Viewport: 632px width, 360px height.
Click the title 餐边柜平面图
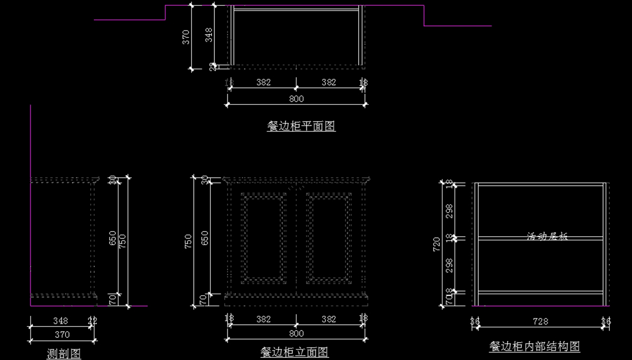tap(301, 126)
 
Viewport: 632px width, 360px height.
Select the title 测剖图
tap(64, 354)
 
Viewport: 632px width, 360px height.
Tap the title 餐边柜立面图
tap(294, 352)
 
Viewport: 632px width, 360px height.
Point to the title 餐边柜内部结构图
tap(535, 346)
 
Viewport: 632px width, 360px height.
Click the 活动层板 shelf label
tap(547, 236)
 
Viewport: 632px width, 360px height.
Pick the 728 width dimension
tap(540, 321)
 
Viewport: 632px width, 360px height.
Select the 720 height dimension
tap(437, 244)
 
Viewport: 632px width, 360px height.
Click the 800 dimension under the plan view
tap(297, 98)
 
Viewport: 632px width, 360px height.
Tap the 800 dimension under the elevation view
tap(297, 333)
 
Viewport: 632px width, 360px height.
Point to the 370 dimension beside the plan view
tap(186, 37)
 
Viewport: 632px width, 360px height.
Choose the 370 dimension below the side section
tap(62, 334)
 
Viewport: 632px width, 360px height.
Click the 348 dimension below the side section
tap(61, 320)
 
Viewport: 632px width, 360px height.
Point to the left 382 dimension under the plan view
tap(263, 82)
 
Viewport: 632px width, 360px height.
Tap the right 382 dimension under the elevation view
tap(329, 319)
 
